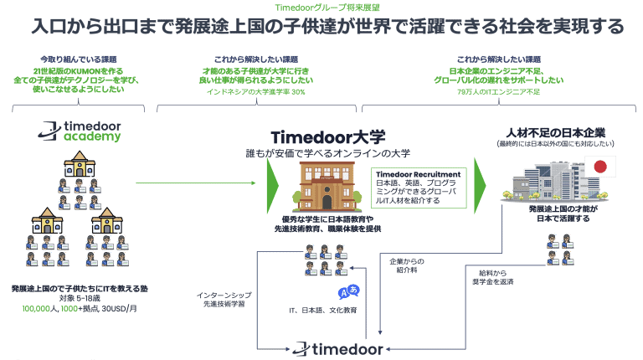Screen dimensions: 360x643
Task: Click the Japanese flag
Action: (x=599, y=167)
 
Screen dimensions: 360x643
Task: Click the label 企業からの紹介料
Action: (x=409, y=265)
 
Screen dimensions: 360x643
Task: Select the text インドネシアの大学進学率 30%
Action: (x=256, y=91)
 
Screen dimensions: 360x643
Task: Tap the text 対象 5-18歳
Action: (x=77, y=296)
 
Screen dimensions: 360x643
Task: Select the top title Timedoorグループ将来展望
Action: (x=321, y=8)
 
